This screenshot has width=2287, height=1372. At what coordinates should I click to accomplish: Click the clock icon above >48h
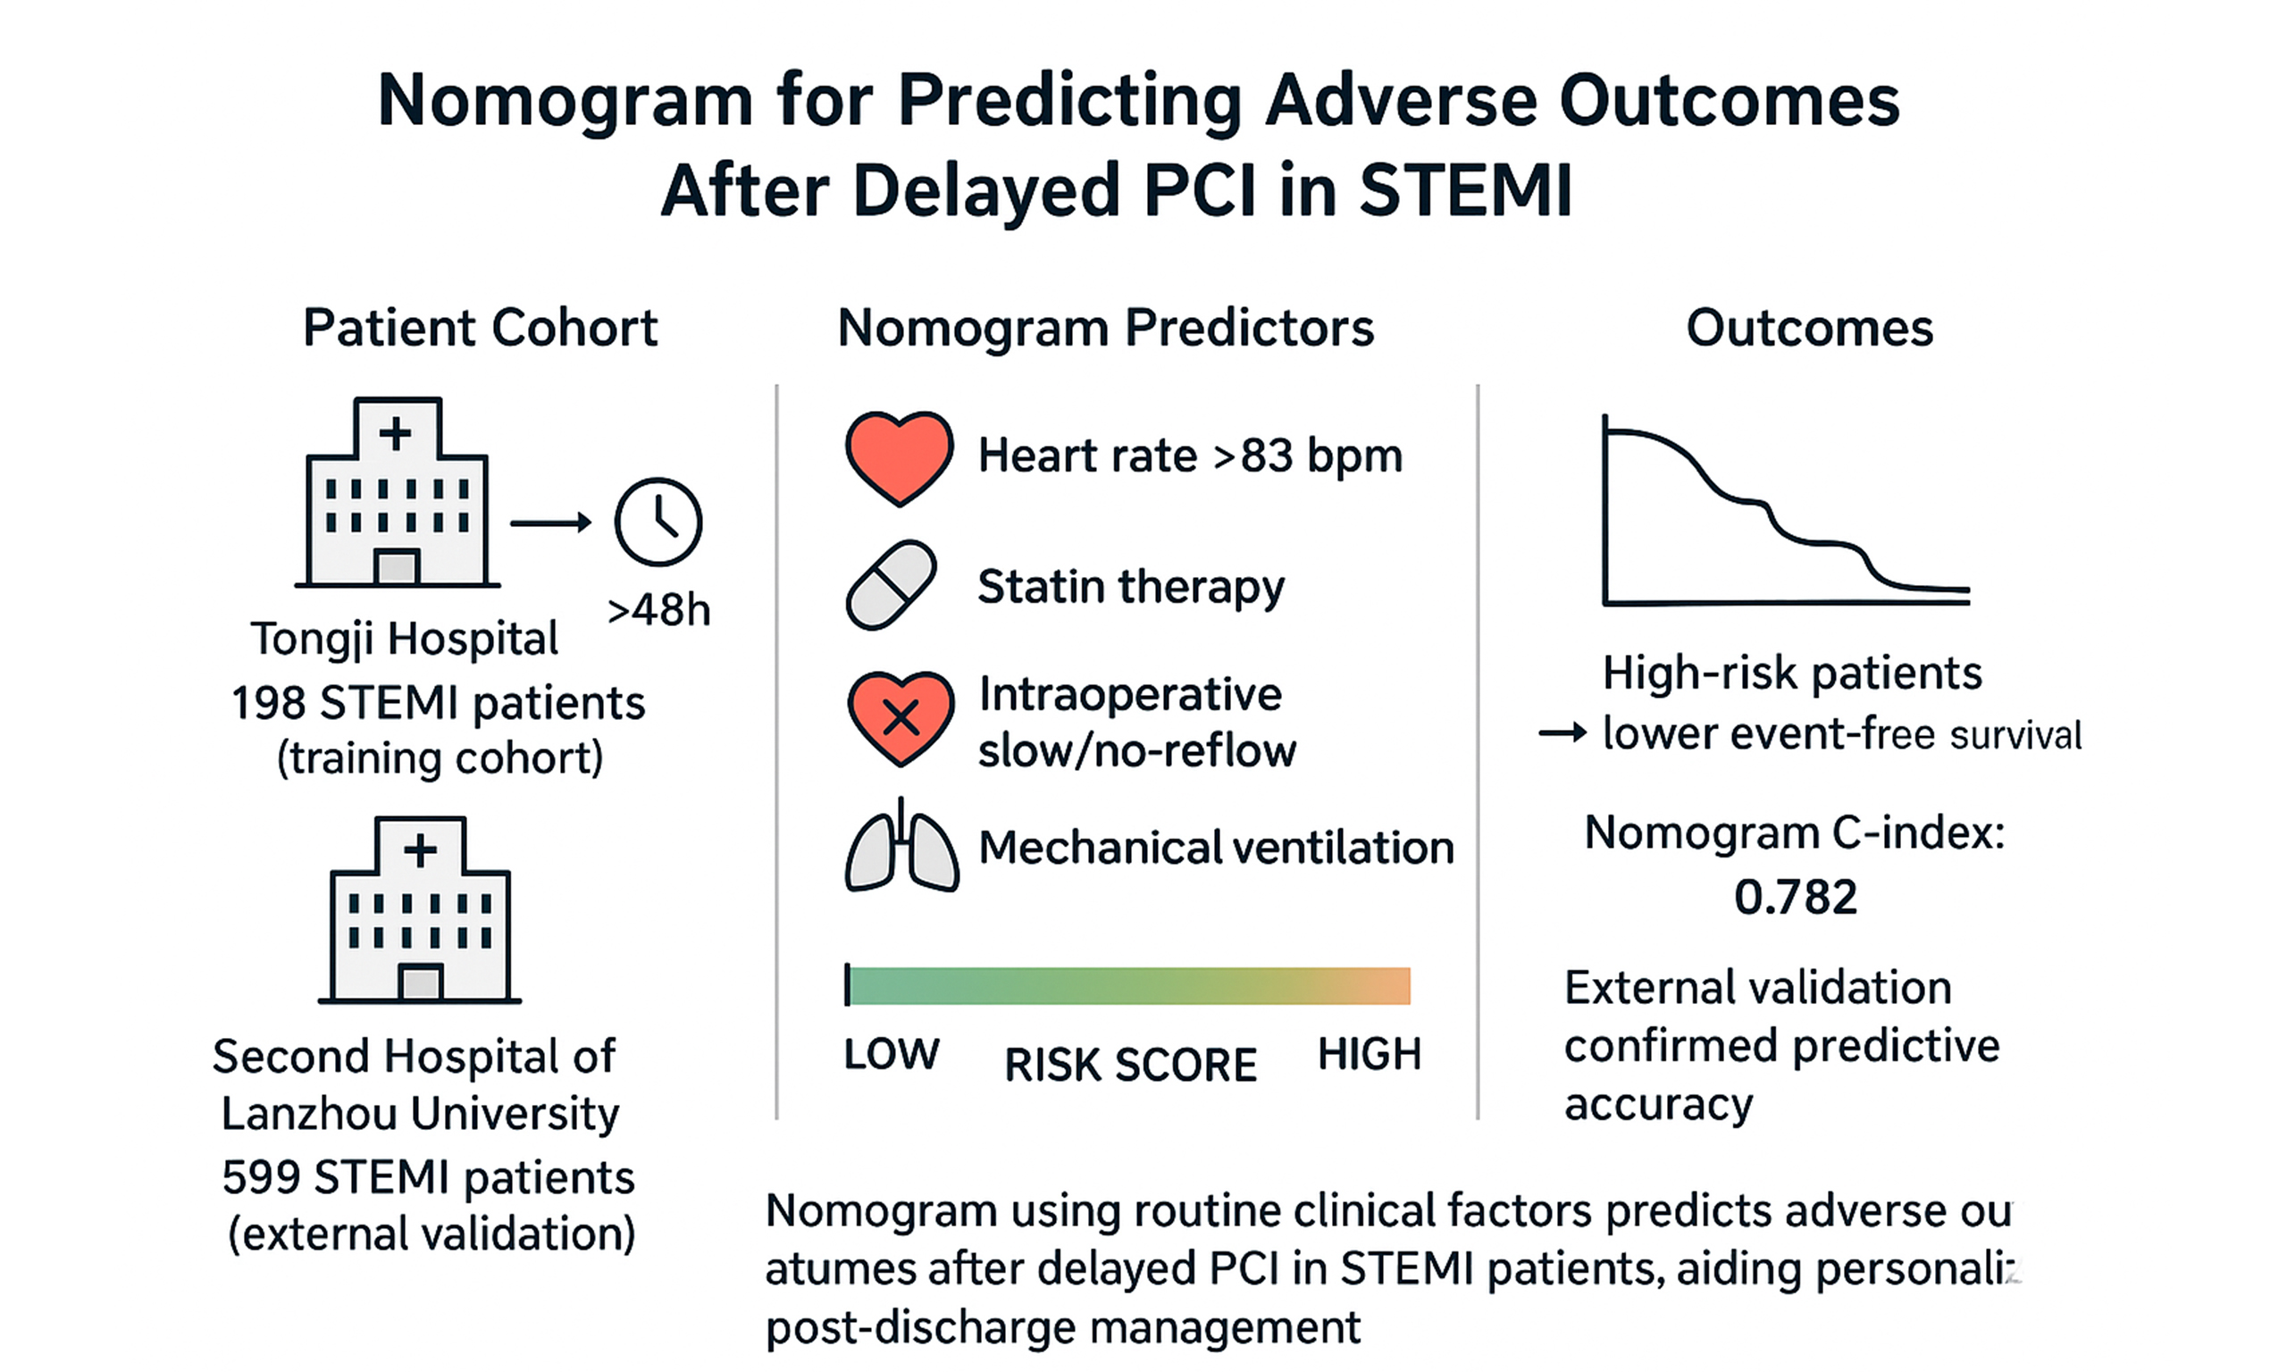pos(658,522)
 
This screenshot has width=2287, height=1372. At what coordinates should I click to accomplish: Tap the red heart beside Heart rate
pos(899,456)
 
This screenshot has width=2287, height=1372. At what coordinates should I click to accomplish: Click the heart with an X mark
pos(901,717)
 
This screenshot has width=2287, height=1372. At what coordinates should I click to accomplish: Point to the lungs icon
pos(901,847)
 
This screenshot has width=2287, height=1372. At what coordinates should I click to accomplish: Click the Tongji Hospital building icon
pos(397,494)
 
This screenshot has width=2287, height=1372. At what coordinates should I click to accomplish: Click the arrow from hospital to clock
pos(551,523)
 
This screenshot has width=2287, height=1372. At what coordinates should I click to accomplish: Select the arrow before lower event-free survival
pos(1563,734)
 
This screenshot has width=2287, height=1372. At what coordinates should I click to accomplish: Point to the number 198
pos(268,704)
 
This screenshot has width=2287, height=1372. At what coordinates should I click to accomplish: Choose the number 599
pos(260,1178)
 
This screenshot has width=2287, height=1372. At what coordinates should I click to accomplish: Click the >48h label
pos(658,610)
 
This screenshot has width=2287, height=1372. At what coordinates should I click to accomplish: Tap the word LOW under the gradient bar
pos(892,1054)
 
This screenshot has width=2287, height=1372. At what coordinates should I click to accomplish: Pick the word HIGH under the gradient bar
pos(1369,1054)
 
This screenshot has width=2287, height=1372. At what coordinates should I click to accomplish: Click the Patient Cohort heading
pos(480,328)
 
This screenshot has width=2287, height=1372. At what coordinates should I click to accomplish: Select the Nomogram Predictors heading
pos(1106,328)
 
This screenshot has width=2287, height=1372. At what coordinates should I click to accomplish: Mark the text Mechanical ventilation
pos(1216,848)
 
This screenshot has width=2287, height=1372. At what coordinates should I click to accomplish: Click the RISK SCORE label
pos(1131,1065)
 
